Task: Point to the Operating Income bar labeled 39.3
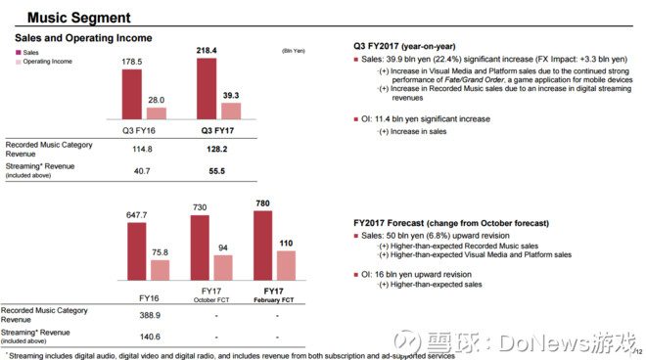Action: point(232,109)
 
